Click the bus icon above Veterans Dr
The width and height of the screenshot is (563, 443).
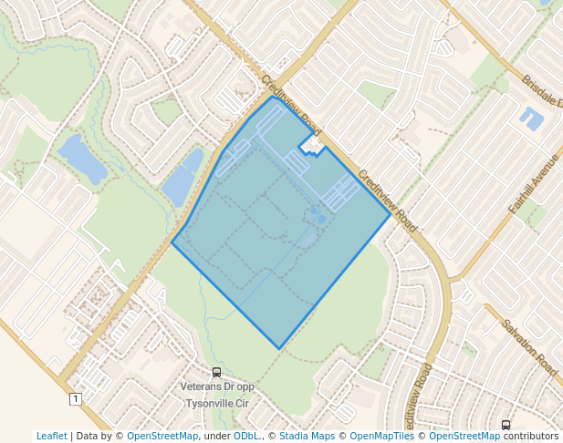(216, 372)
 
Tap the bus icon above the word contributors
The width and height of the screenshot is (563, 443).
(506, 425)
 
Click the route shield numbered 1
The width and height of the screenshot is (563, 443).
(74, 398)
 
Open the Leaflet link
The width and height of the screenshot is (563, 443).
(51, 436)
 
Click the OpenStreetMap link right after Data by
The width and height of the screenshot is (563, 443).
(162, 436)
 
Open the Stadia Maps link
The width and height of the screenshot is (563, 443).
(309, 436)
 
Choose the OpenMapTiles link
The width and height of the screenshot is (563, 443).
(382, 436)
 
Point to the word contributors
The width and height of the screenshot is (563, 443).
(531, 436)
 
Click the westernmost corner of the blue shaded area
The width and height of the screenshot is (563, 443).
(172, 242)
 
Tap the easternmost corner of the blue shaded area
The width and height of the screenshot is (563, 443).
(391, 216)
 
